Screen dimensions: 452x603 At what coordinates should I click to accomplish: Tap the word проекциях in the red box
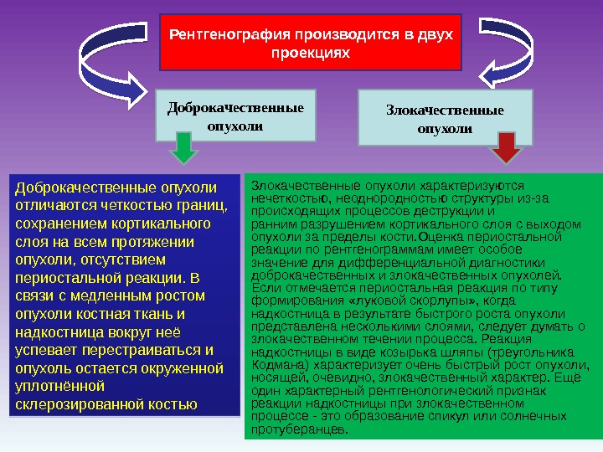click(x=309, y=53)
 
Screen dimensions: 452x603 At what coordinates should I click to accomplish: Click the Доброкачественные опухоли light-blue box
click(x=236, y=116)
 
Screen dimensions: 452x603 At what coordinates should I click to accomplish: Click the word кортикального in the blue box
click(x=158, y=223)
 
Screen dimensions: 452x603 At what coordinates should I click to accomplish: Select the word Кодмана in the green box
click(x=276, y=365)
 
